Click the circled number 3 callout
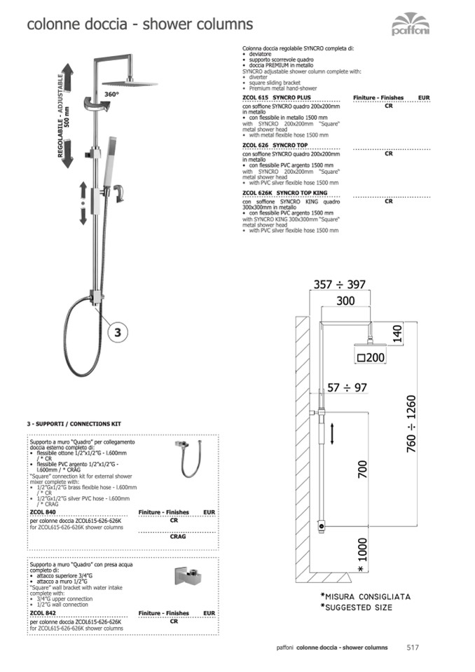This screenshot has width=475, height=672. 118,333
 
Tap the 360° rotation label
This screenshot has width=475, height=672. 111,93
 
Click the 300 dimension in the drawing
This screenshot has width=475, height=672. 345,301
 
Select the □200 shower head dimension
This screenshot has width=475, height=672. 371,357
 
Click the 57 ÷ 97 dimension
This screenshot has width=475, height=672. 347,388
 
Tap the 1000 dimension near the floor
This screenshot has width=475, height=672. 362,549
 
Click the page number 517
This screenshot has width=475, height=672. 413,647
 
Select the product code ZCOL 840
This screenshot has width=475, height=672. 40,512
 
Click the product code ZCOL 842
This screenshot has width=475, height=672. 40,612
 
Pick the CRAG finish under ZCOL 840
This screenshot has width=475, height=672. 178,537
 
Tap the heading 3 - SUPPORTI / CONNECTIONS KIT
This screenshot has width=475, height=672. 74,425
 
